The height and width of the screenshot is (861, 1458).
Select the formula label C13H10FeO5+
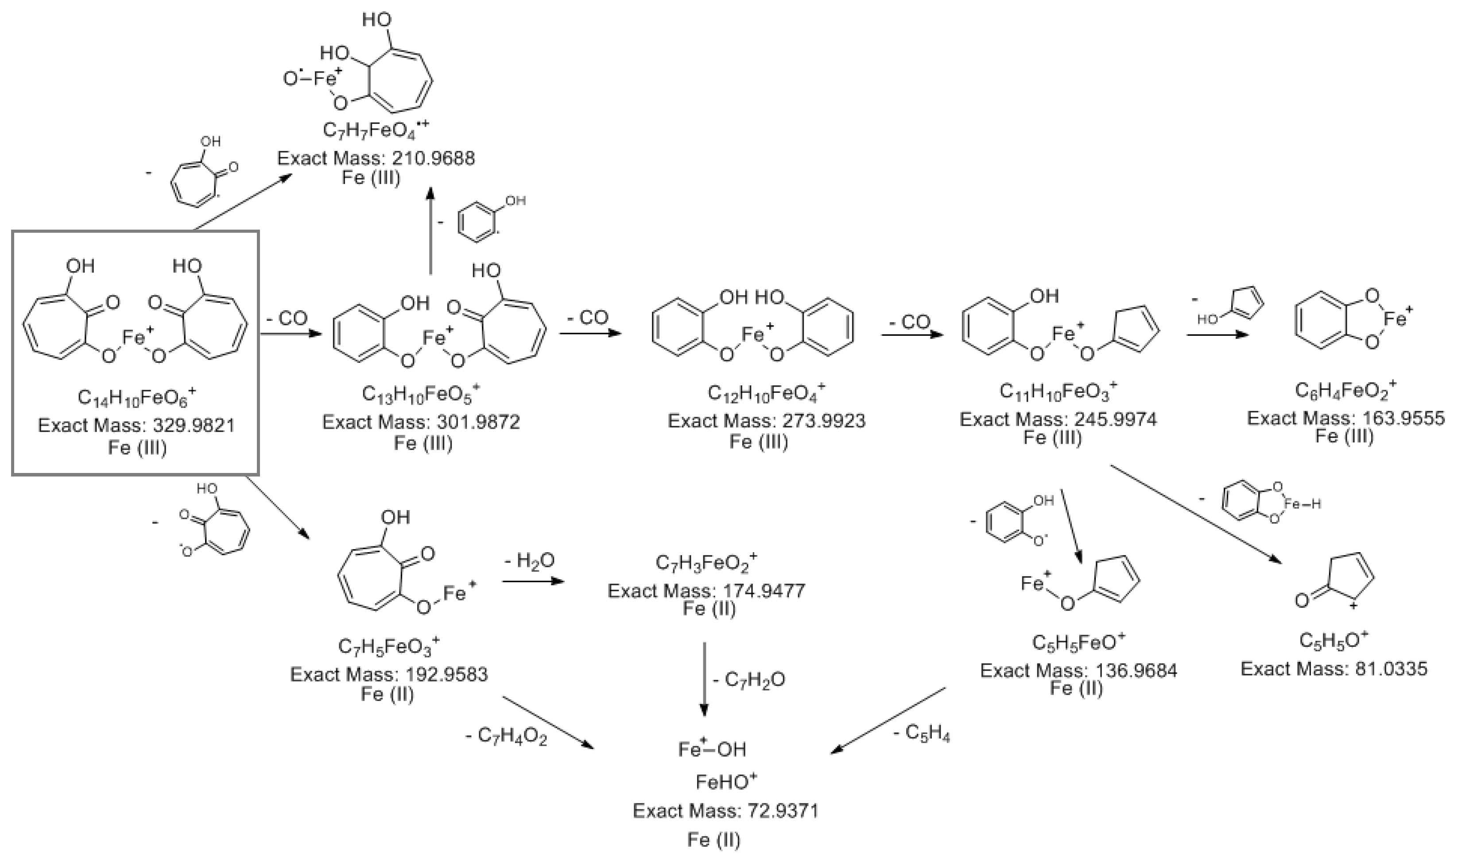[421, 395]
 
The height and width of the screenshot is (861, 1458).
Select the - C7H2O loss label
[749, 680]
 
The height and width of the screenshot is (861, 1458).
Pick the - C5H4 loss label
[922, 734]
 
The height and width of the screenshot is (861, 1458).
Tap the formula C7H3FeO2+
[706, 563]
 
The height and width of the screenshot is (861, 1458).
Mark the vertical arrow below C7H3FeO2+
[704, 680]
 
